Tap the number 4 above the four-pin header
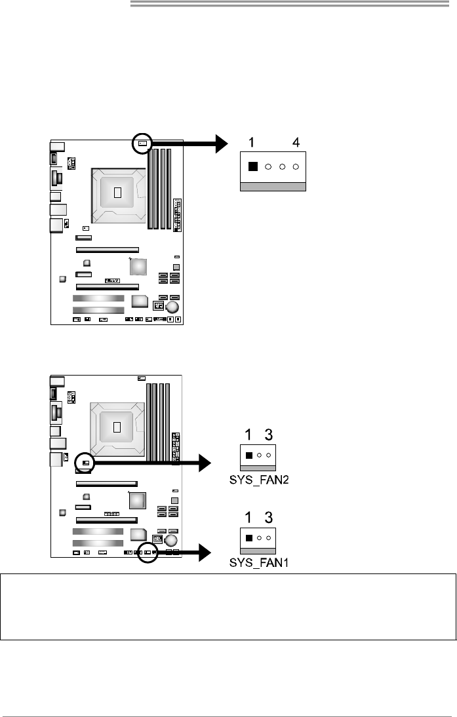(296, 142)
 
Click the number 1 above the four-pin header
(251, 142)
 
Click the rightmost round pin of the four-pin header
(296, 166)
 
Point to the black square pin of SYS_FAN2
(248, 455)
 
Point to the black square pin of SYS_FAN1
(248, 538)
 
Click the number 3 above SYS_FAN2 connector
(268, 435)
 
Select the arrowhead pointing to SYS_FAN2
(205, 464)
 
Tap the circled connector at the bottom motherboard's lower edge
(148, 552)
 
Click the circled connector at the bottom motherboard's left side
(86, 463)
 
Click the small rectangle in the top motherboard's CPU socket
(118, 192)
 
